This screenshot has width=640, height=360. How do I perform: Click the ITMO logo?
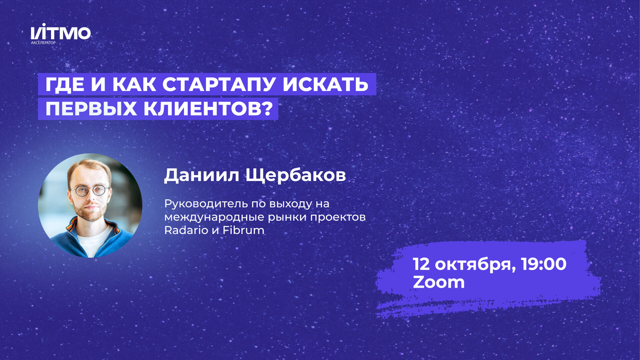point(61,33)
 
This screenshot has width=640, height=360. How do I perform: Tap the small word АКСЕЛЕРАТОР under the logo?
point(43,43)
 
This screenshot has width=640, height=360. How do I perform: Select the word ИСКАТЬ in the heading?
point(325,84)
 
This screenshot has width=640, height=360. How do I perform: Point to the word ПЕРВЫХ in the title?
point(91,109)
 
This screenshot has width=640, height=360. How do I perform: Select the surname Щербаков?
point(296,175)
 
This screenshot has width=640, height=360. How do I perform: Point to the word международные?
point(215,217)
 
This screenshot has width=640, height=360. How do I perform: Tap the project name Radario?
point(186,230)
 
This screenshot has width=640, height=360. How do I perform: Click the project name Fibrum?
point(243,230)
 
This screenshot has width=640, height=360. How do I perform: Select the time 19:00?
point(544,264)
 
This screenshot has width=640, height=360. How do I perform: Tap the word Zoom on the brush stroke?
point(439,282)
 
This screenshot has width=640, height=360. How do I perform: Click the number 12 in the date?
point(422,264)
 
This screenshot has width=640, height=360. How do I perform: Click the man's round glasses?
point(89,191)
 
